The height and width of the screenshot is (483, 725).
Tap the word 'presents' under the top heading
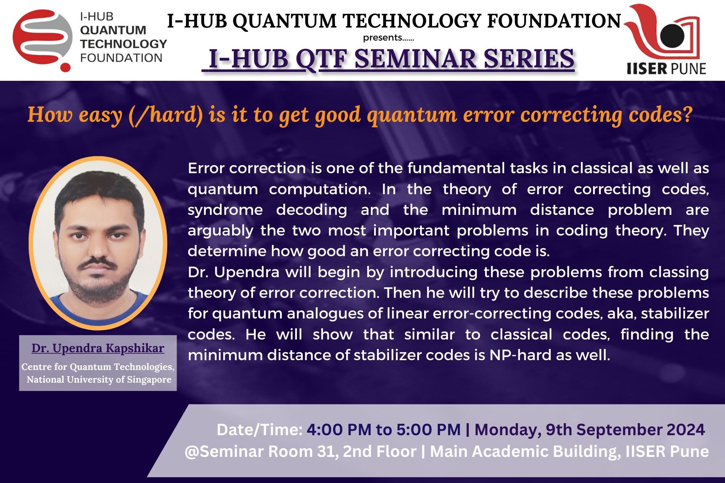click(x=383, y=38)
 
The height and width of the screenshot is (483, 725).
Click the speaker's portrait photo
click(x=98, y=243)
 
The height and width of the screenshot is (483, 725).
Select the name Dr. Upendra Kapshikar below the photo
click(x=98, y=348)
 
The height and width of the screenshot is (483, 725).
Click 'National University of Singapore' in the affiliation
click(x=99, y=379)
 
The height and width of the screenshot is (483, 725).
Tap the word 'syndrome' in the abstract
click(x=225, y=211)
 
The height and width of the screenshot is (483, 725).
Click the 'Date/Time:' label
click(x=260, y=430)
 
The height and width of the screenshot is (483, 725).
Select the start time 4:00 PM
click(x=339, y=430)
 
